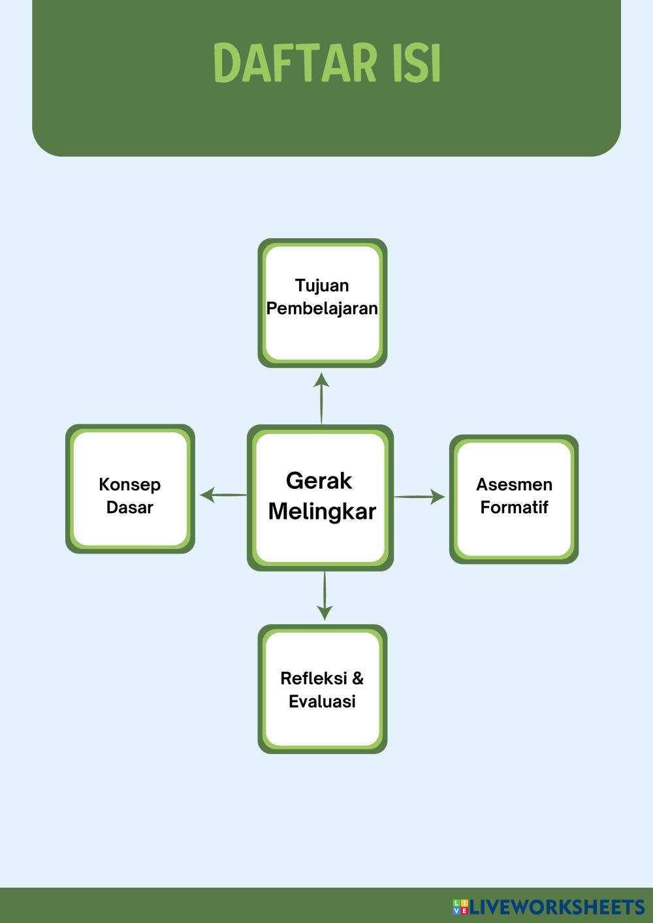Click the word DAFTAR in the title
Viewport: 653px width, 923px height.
(x=295, y=63)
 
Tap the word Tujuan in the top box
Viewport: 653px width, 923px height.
(x=322, y=285)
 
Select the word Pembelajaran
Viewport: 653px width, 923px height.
(x=322, y=308)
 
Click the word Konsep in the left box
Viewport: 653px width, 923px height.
(x=129, y=484)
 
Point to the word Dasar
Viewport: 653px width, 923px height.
(x=129, y=507)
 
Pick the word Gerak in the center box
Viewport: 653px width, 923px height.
(x=319, y=481)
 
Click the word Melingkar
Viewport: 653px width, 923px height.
(x=322, y=511)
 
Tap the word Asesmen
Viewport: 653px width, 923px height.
(x=514, y=484)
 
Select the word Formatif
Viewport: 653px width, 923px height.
(x=514, y=507)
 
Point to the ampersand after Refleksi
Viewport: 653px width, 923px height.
(x=358, y=678)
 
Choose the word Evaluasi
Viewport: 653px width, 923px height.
(x=322, y=701)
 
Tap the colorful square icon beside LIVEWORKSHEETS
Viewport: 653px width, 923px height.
(x=460, y=907)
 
